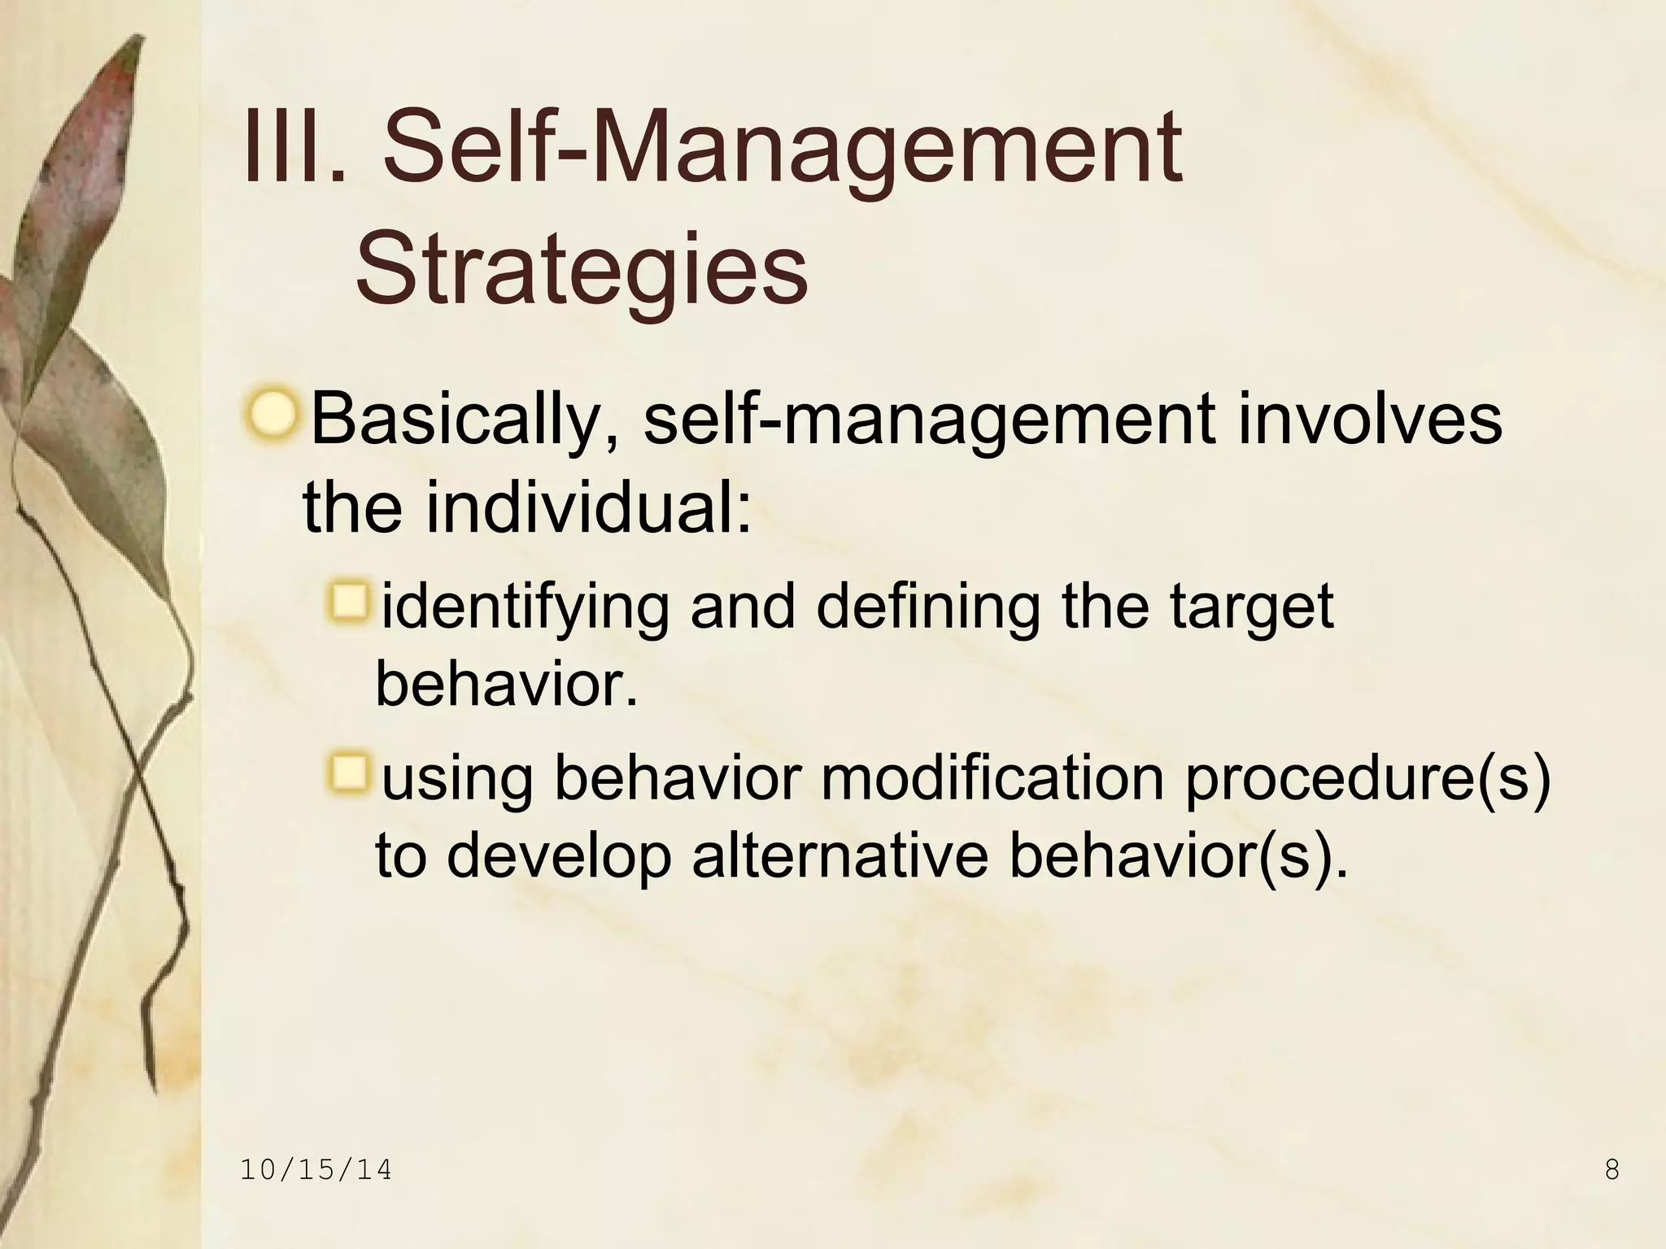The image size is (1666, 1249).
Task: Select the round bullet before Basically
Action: [x=271, y=416]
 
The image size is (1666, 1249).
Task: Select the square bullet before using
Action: [x=351, y=774]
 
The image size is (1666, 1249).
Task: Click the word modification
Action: [x=992, y=778]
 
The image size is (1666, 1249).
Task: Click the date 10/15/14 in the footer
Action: [x=316, y=1170]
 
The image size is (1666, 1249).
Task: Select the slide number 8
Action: [x=1611, y=1170]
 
